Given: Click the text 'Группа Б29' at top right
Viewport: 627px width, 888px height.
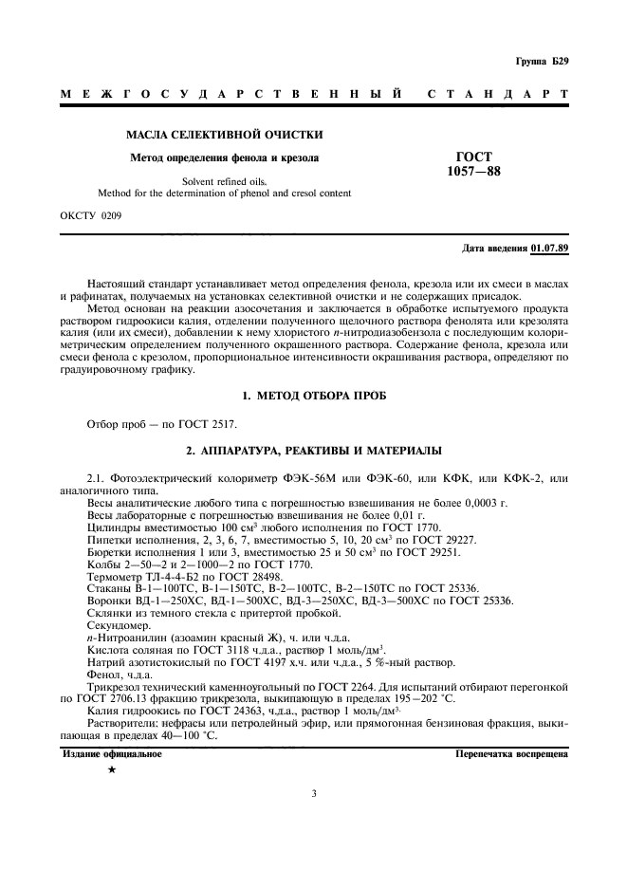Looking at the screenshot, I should (542, 63).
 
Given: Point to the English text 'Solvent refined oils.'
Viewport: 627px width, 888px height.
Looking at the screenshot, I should (224, 181).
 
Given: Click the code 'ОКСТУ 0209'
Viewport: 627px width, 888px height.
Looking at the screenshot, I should (90, 215).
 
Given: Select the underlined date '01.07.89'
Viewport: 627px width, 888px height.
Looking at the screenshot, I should (550, 249).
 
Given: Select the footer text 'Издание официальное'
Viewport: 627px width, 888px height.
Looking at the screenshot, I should (112, 755).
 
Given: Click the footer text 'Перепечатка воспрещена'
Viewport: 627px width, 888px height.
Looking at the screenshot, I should (511, 755).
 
